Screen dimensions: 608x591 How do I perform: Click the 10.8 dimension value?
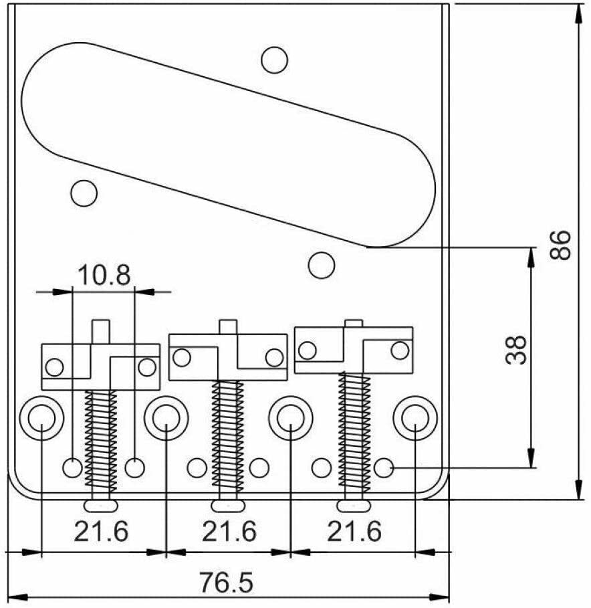(x=104, y=274)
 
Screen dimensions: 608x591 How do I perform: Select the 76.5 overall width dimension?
(x=226, y=583)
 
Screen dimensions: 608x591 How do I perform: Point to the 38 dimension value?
(x=516, y=349)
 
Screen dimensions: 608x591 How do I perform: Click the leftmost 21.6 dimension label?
(x=101, y=532)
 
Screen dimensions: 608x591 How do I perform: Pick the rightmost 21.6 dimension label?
(x=354, y=532)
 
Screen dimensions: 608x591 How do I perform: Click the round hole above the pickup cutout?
(x=274, y=60)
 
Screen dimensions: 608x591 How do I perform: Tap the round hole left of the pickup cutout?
(x=84, y=193)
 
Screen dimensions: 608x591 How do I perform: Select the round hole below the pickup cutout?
(x=321, y=264)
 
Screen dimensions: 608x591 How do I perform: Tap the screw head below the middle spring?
(x=227, y=504)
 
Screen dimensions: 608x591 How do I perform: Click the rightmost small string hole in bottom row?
(x=384, y=468)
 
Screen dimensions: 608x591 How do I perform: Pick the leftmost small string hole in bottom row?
(x=72, y=468)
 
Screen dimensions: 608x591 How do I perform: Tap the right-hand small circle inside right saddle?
(x=400, y=349)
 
